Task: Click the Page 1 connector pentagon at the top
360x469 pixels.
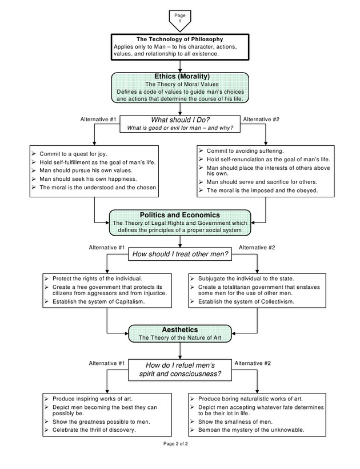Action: [180, 19]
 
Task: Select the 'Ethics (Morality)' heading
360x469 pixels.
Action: [180, 77]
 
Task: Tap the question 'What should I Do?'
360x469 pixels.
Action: [180, 120]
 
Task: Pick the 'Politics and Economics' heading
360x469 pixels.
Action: [180, 215]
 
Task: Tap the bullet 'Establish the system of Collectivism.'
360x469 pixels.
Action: [246, 301]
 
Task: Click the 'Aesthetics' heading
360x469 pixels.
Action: [180, 330]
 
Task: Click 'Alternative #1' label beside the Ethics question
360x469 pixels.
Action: [99, 119]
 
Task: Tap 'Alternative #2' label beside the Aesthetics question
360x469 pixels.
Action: [253, 363]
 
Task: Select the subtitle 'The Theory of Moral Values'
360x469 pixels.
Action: [180, 84]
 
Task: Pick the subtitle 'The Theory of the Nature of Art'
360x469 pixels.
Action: [180, 338]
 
